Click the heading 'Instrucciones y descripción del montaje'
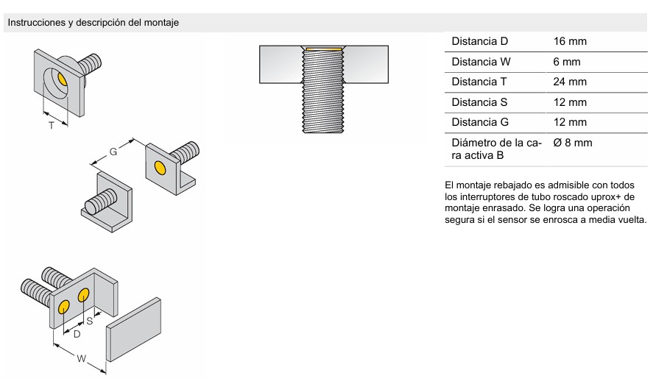[x=94, y=23]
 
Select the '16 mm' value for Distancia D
[x=570, y=41]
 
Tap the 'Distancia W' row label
[x=481, y=62]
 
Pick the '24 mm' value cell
[x=570, y=82]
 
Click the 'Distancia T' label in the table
[x=479, y=82]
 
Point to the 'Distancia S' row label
[x=479, y=102]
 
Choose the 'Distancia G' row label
[x=480, y=122]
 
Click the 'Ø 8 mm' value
[x=572, y=143]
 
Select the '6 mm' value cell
[x=567, y=62]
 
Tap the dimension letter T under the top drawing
[x=52, y=125]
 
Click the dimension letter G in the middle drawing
[x=113, y=152]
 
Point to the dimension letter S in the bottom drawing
[x=90, y=321]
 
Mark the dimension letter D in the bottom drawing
[x=77, y=334]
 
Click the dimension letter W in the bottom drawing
[x=82, y=358]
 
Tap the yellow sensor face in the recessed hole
[x=62, y=78]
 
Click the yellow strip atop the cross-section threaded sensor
[x=324, y=49]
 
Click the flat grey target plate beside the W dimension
[x=133, y=330]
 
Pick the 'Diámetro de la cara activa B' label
[x=497, y=149]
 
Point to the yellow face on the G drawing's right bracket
[x=159, y=168]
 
